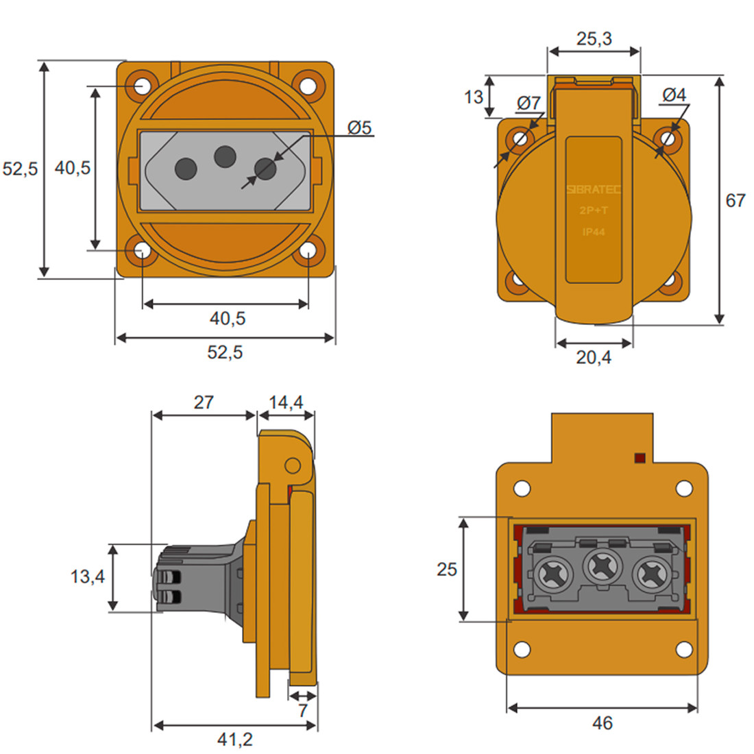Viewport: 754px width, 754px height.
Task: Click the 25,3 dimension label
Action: pos(594,38)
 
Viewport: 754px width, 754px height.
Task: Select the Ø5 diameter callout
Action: pos(359,127)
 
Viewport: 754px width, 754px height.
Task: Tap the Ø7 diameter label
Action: pos(528,104)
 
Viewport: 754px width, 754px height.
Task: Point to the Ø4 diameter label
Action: pos(674,95)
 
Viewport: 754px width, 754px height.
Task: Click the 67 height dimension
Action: pos(735,200)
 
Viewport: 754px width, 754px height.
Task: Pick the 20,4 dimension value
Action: pos(594,357)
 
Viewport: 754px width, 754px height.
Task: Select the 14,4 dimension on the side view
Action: pos(286,402)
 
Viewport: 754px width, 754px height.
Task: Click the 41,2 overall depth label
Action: pos(234,740)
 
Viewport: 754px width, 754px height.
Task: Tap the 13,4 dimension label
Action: pos(88,576)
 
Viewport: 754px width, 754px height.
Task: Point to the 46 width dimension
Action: pos(602,723)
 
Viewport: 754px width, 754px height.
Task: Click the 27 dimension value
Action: pos(204,402)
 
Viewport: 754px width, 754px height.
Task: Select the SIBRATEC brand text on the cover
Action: pos(594,190)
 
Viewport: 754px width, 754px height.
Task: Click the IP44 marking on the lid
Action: pos(594,232)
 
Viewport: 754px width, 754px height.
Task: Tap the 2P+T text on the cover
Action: pos(594,211)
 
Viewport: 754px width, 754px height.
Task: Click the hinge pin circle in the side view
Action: pos(293,466)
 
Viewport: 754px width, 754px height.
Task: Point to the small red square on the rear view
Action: pos(640,457)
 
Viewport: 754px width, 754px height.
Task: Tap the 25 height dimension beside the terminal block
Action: pos(446,569)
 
